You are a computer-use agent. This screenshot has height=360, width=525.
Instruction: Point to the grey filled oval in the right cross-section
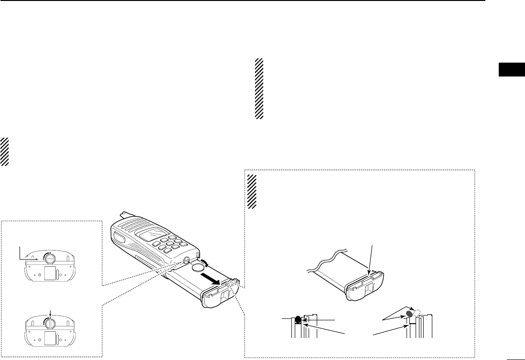coord(409,315)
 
